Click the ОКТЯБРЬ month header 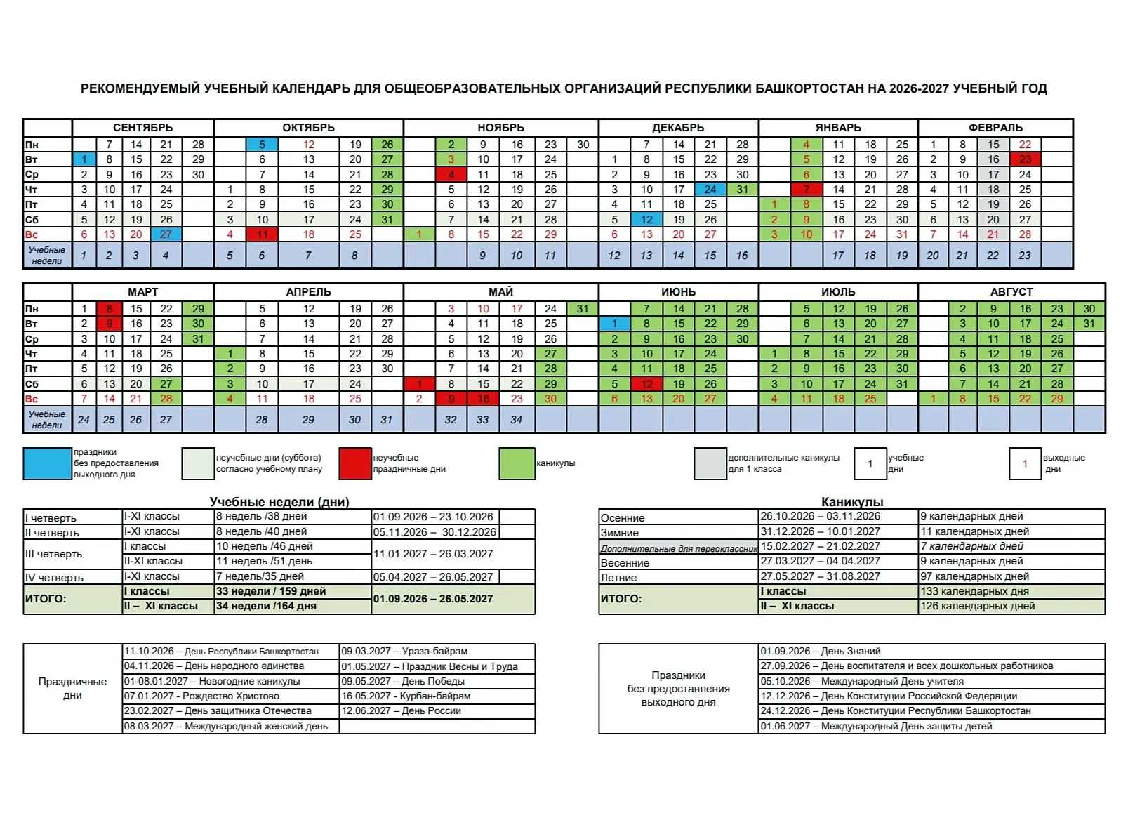pyautogui.click(x=308, y=128)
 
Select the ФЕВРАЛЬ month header pyautogui.click(x=995, y=128)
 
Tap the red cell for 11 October pyautogui.click(x=262, y=234)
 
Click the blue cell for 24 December pyautogui.click(x=710, y=190)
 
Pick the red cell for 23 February pyautogui.click(x=1025, y=159)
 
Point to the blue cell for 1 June pyautogui.click(x=614, y=324)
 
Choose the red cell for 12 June pyautogui.click(x=646, y=384)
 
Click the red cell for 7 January pyautogui.click(x=807, y=190)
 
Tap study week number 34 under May pyautogui.click(x=516, y=420)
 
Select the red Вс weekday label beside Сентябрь pyautogui.click(x=32, y=234)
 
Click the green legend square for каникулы pyautogui.click(x=517, y=463)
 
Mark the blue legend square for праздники pyautogui.click(x=47, y=463)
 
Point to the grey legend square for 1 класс pyautogui.click(x=710, y=463)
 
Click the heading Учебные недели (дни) pyautogui.click(x=279, y=502)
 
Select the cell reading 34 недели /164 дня pyautogui.click(x=267, y=606)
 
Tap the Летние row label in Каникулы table pyautogui.click(x=618, y=578)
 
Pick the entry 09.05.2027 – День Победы pyautogui.click(x=403, y=681)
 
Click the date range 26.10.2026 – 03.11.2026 pyautogui.click(x=821, y=516)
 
